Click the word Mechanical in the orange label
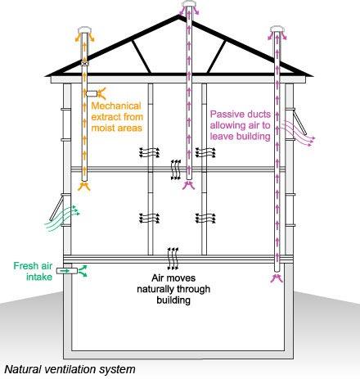(x=116, y=106)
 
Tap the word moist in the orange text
(x=101, y=128)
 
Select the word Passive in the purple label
(x=225, y=114)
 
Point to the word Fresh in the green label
(x=23, y=265)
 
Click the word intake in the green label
(x=39, y=277)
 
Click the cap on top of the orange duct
(x=86, y=29)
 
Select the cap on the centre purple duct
(x=189, y=3)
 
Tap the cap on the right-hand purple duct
(x=277, y=29)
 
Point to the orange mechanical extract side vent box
(x=92, y=93)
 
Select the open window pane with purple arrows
(x=300, y=122)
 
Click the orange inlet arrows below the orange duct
(x=83, y=187)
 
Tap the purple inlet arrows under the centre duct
(x=188, y=185)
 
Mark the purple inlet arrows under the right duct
(x=277, y=278)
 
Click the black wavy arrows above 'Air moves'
(x=173, y=259)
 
